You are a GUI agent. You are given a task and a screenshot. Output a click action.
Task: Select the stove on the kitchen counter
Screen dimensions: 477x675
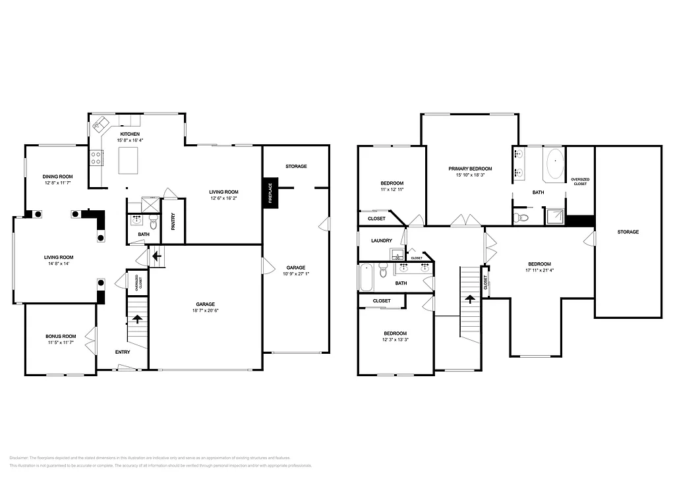(96, 157)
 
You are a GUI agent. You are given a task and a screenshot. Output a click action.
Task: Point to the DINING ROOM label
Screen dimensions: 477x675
(57, 177)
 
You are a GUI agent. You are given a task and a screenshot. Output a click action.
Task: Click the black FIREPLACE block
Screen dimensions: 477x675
(270, 193)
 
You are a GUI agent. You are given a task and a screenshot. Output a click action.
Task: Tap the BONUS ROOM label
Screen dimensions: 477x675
(61, 336)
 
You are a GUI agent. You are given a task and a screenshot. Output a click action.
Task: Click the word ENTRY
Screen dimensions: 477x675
(123, 352)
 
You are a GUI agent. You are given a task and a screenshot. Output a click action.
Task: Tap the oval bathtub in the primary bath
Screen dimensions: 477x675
(555, 164)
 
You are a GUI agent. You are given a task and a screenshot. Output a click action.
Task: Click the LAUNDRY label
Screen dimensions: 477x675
(382, 241)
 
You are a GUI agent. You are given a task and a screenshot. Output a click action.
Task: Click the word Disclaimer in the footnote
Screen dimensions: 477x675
(21, 457)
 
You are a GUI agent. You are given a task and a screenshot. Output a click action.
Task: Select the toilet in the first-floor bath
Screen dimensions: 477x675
(153, 221)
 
